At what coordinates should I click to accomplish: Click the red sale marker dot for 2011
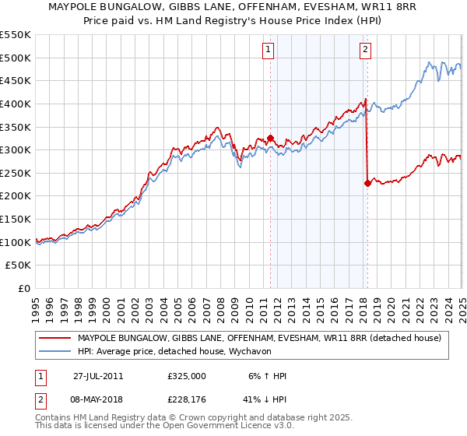(270, 139)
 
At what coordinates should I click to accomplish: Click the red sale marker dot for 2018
(367, 184)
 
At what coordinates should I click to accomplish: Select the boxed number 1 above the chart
(268, 51)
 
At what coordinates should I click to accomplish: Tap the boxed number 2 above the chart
(365, 51)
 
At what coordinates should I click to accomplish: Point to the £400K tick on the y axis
(16, 104)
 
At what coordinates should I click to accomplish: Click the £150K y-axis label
(16, 219)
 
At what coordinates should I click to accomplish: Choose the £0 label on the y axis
(25, 288)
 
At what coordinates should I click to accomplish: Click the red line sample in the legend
(54, 337)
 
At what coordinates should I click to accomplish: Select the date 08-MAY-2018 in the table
(98, 401)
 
